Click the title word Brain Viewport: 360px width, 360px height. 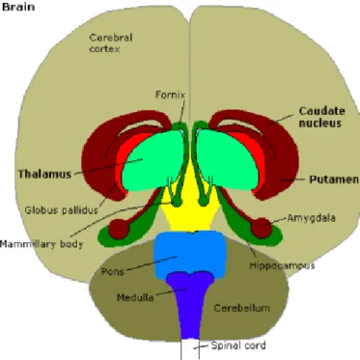(x=18, y=7)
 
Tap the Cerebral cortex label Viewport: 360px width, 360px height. (x=111, y=43)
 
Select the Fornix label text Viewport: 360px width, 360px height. (x=170, y=95)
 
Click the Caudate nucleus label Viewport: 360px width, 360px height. (x=321, y=117)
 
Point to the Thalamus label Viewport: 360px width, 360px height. (x=44, y=174)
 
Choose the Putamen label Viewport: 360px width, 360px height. (x=334, y=180)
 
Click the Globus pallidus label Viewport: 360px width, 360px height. (x=61, y=210)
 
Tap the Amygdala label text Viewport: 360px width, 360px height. (x=311, y=218)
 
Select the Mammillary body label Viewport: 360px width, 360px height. (x=42, y=244)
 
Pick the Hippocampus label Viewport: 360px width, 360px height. (x=282, y=265)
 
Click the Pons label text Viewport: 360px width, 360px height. (x=113, y=271)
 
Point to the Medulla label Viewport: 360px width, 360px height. (x=135, y=297)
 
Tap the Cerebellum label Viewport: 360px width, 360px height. (x=241, y=308)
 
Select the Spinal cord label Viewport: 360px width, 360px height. (x=238, y=346)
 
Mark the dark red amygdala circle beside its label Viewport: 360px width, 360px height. (x=262, y=228)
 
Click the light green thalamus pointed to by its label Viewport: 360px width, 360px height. (x=152, y=161)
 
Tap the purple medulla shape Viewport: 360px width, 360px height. (x=190, y=302)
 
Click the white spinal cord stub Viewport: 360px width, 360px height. (x=190, y=349)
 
